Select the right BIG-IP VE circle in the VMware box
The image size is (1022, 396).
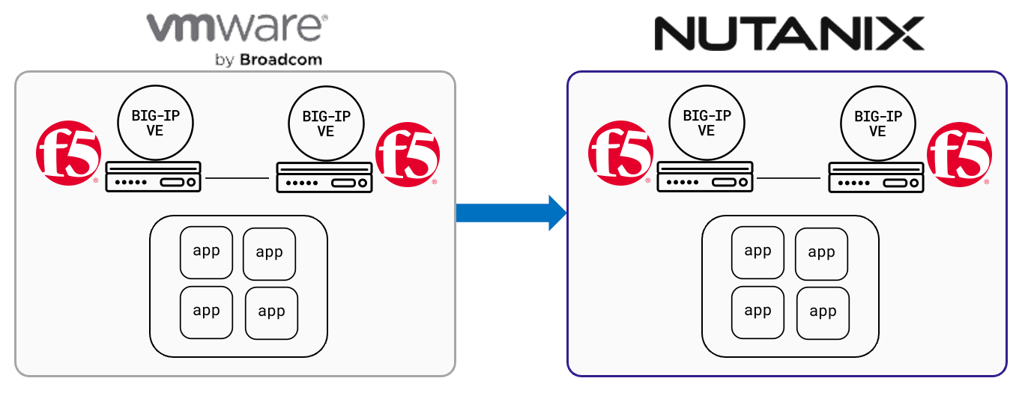pyautogui.click(x=325, y=124)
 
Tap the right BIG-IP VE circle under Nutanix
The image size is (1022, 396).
pyautogui.click(x=877, y=124)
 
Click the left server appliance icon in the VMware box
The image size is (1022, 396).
pyautogui.click(x=154, y=177)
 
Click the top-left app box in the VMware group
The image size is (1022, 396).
pyautogui.click(x=206, y=252)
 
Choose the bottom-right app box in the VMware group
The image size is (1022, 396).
pyautogui.click(x=271, y=311)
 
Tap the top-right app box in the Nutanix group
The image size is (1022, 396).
pyautogui.click(x=821, y=254)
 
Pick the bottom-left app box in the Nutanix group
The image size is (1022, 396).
pyautogui.click(x=758, y=311)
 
